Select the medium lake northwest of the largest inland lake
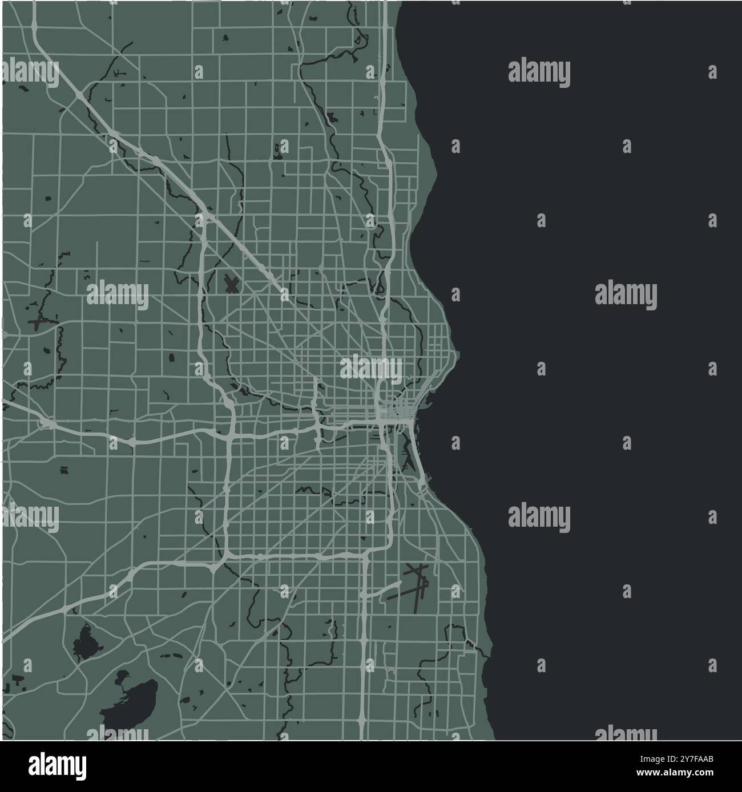[x=84, y=643]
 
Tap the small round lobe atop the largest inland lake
[x=122, y=677]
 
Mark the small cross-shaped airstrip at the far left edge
[x=38, y=323]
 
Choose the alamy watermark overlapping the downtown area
[x=371, y=368]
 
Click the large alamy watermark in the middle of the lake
[x=626, y=296]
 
